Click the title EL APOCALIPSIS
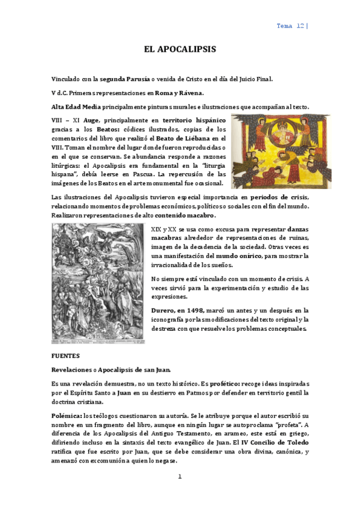180,49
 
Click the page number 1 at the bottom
179,476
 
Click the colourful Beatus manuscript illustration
281,151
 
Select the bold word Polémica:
67,416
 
